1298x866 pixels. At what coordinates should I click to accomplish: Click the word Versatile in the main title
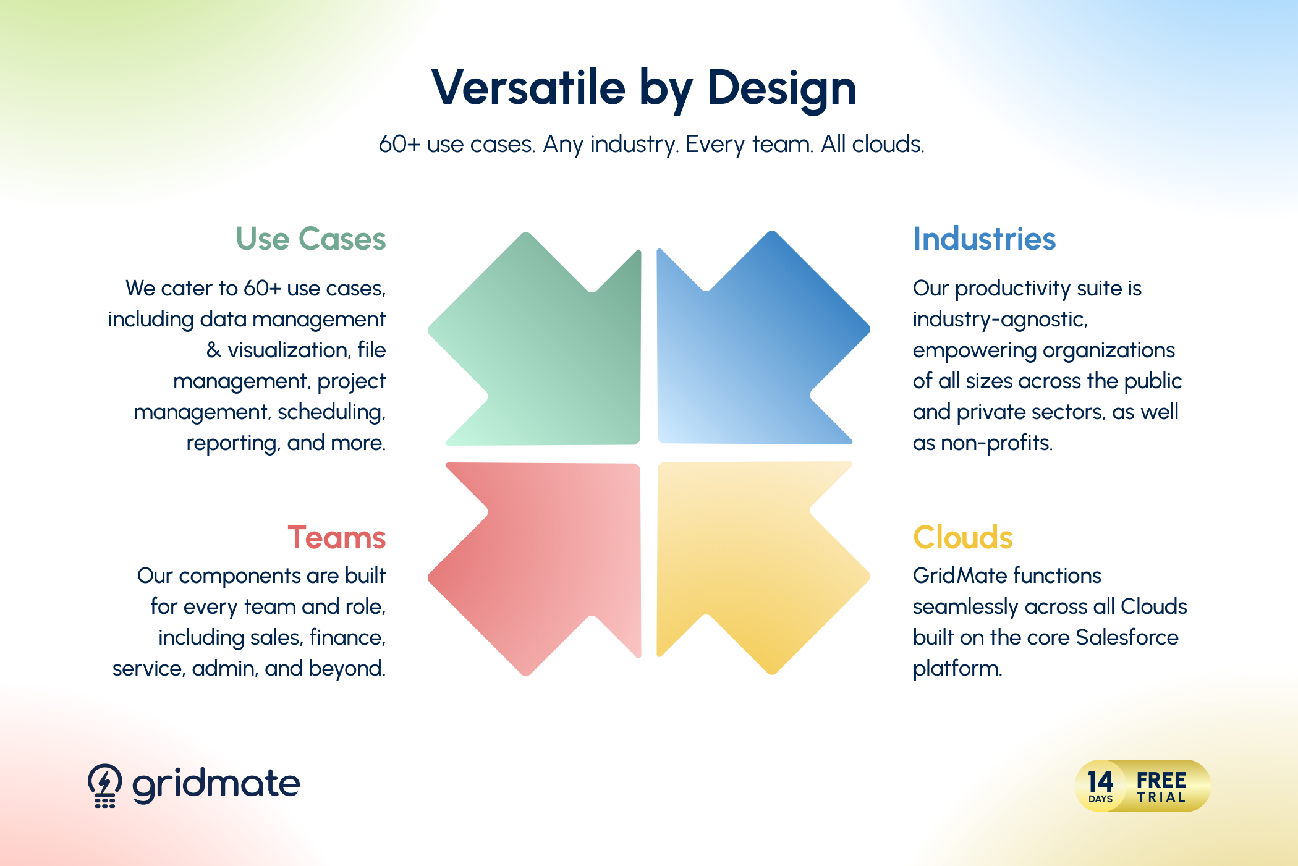pyautogui.click(x=528, y=87)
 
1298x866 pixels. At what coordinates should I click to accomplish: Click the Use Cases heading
pyautogui.click(x=311, y=239)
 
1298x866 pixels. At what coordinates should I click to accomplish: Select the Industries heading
pyautogui.click(x=985, y=239)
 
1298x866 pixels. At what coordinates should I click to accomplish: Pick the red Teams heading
pyautogui.click(x=337, y=537)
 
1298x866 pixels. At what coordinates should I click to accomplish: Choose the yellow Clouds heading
pyautogui.click(x=963, y=537)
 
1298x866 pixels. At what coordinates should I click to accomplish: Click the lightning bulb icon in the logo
pyautogui.click(x=105, y=786)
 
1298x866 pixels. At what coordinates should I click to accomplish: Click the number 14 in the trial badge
pyautogui.click(x=1100, y=781)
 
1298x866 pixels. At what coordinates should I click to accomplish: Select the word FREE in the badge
pyautogui.click(x=1161, y=780)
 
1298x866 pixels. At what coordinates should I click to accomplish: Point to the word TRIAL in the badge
pyautogui.click(x=1161, y=797)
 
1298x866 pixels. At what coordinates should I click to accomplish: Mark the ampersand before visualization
pyautogui.click(x=214, y=350)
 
